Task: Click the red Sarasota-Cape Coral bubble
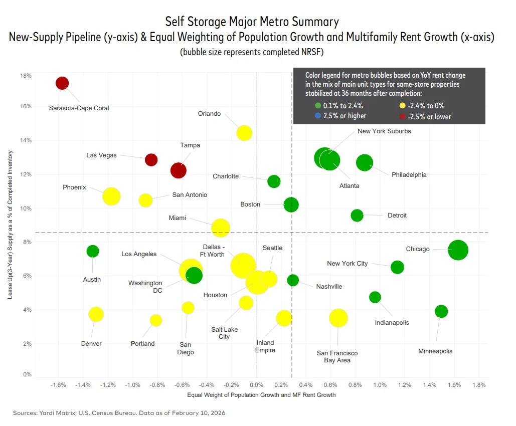(x=62, y=83)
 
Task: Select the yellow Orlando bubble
(x=244, y=133)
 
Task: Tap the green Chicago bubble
(x=458, y=250)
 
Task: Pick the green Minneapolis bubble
(x=441, y=311)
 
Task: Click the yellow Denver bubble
(x=96, y=314)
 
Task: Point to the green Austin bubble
(x=93, y=251)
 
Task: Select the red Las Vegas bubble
(x=151, y=160)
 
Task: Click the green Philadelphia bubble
(x=365, y=162)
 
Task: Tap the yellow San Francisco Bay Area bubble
(x=338, y=318)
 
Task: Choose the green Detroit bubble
(x=357, y=216)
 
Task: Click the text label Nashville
(x=329, y=287)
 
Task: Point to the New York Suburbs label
(x=384, y=131)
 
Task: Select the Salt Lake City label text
(x=224, y=333)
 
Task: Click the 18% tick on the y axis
(x=26, y=76)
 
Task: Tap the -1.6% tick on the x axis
(x=59, y=385)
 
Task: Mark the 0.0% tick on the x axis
(x=256, y=385)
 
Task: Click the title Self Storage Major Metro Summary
(x=252, y=22)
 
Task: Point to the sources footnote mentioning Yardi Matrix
(x=119, y=413)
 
